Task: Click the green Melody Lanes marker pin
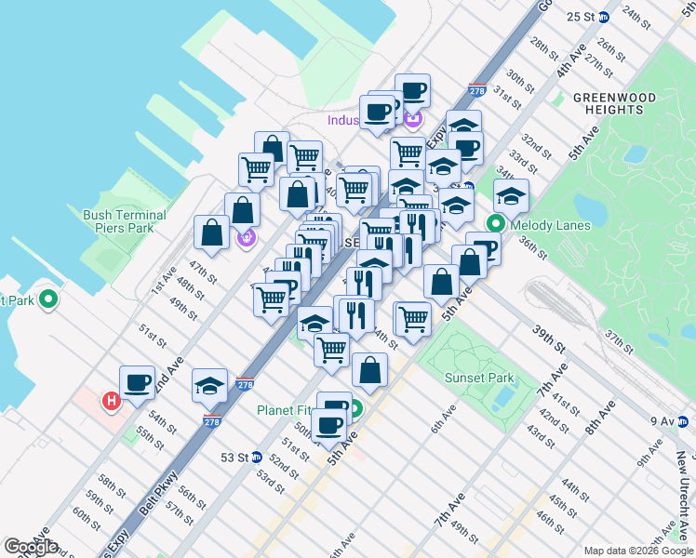click(x=496, y=224)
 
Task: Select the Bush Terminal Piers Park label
click(x=125, y=221)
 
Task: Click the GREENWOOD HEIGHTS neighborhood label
click(x=614, y=103)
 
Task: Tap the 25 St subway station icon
click(x=603, y=17)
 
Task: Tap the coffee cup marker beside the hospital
click(x=138, y=382)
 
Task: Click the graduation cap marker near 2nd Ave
click(x=210, y=385)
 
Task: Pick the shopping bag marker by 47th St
click(x=211, y=232)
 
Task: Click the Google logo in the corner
click(x=30, y=547)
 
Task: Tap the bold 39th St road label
click(x=549, y=339)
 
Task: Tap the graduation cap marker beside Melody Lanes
click(x=511, y=196)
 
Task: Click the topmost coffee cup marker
click(x=412, y=91)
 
